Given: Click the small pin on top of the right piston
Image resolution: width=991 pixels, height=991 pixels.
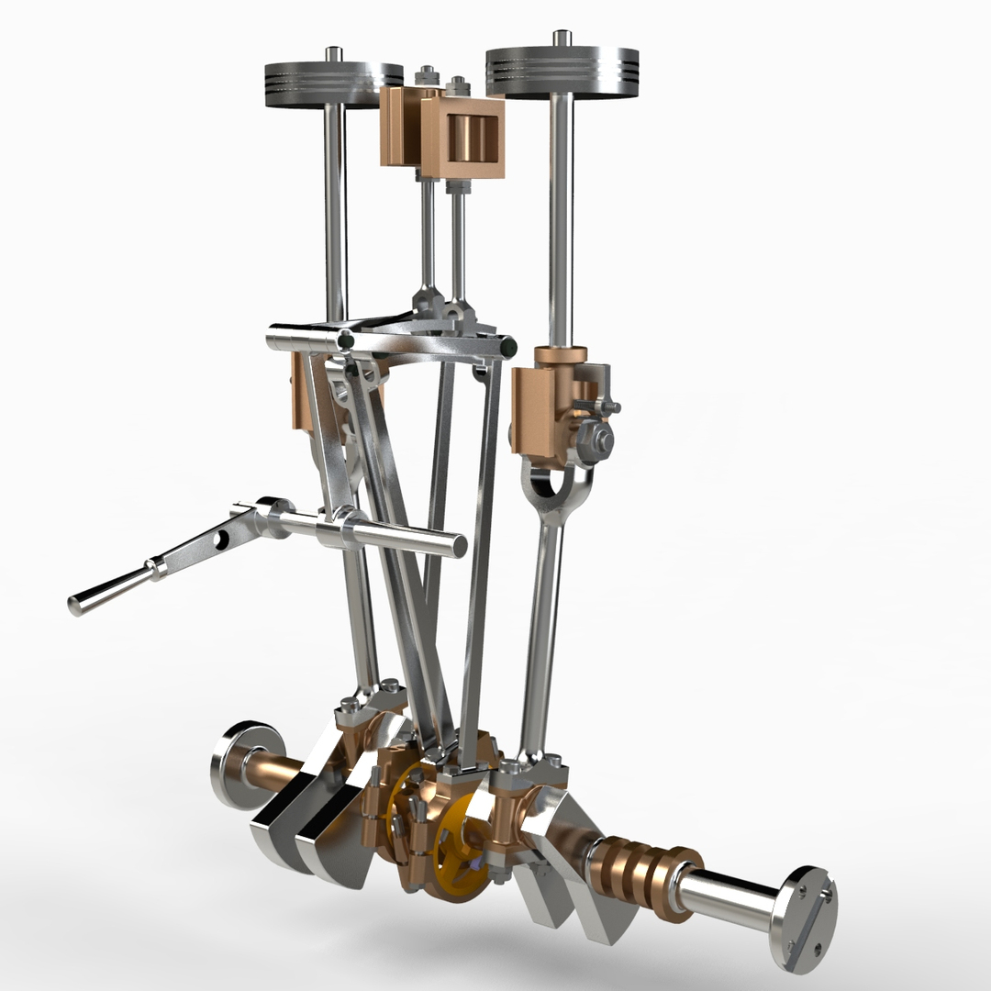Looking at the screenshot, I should (x=562, y=38).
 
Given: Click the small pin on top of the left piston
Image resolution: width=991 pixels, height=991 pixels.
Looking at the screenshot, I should (x=336, y=54).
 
